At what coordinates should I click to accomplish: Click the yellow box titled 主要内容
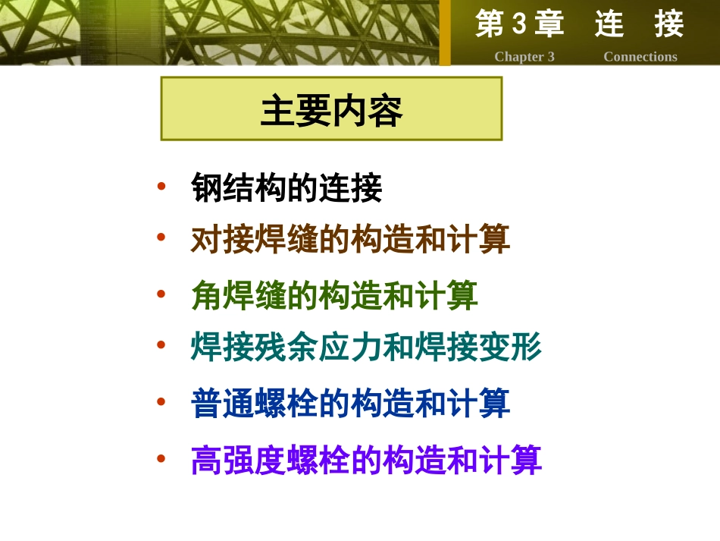pyautogui.click(x=331, y=109)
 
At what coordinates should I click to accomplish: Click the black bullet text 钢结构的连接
pyautogui.click(x=286, y=187)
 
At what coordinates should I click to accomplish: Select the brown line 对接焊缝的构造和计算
pyautogui.click(x=350, y=239)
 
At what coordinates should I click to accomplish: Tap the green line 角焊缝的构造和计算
pyautogui.click(x=334, y=294)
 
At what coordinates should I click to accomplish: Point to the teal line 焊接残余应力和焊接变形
pyautogui.click(x=366, y=348)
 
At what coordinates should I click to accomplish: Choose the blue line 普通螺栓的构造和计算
pyautogui.click(x=350, y=403)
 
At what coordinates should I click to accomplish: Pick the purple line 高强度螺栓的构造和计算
pyautogui.click(x=366, y=459)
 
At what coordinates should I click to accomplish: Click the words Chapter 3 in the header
pyautogui.click(x=524, y=57)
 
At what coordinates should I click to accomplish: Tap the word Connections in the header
pyautogui.click(x=640, y=57)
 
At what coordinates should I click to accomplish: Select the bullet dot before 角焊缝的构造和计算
pyautogui.click(x=161, y=292)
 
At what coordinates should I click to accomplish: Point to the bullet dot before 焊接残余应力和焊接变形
pyautogui.click(x=161, y=345)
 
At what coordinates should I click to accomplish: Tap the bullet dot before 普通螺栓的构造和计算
pyautogui.click(x=161, y=401)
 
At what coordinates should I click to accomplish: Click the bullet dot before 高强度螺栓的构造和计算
pyautogui.click(x=161, y=458)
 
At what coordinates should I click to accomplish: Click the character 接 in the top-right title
pyautogui.click(x=669, y=25)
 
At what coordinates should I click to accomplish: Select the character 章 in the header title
pyautogui.click(x=549, y=25)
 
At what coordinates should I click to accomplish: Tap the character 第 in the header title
pyautogui.click(x=490, y=25)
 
